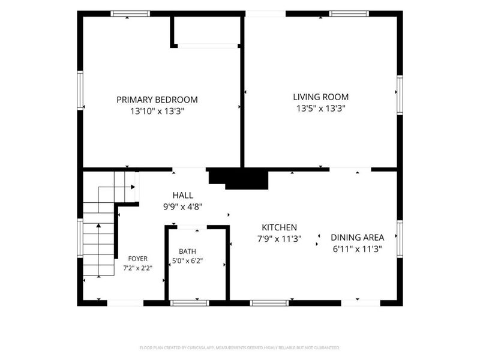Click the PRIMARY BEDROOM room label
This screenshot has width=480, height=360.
(x=157, y=100)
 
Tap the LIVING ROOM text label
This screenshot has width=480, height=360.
(x=321, y=97)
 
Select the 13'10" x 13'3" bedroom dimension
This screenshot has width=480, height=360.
(x=157, y=111)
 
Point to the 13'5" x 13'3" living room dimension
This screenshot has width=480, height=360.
(x=321, y=109)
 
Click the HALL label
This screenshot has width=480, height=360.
(x=183, y=196)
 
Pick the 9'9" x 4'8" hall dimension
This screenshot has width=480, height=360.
(x=183, y=207)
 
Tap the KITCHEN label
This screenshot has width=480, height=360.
(x=279, y=227)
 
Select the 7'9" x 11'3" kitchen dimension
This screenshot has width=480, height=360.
(x=279, y=239)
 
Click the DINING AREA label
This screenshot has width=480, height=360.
(x=357, y=238)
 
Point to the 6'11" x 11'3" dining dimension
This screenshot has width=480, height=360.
(x=357, y=249)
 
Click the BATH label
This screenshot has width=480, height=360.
(x=187, y=251)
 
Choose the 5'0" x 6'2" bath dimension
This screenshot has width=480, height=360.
(x=187, y=261)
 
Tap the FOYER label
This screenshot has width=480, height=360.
(x=138, y=259)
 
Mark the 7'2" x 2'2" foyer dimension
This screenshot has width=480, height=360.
(x=138, y=268)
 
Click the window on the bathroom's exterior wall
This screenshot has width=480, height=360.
(x=190, y=303)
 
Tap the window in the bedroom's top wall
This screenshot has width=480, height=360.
(x=130, y=13)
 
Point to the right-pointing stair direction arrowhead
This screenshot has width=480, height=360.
(x=133, y=187)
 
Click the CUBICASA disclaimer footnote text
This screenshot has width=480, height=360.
(x=239, y=348)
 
